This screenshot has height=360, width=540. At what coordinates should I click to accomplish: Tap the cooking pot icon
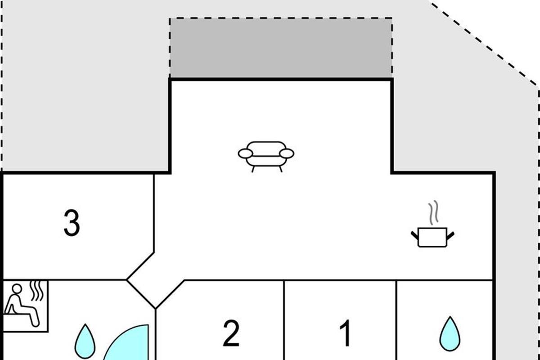point(432,237)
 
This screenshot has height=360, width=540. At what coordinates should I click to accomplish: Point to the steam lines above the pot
point(433,213)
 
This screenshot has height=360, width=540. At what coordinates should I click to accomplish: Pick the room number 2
point(231,333)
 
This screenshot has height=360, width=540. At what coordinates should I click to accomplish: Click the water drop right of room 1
point(450,334)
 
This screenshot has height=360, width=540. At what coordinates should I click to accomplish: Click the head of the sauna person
point(17,288)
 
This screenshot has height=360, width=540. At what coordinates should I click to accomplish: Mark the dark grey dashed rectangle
point(281,48)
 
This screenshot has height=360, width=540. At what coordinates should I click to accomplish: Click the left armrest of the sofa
point(245,153)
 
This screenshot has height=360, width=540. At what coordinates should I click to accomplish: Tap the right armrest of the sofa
point(287,153)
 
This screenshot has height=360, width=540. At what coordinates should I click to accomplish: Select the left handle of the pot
point(414,234)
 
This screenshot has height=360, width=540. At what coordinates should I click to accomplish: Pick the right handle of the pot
point(450,234)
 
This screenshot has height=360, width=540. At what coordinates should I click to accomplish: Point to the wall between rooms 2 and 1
point(284,319)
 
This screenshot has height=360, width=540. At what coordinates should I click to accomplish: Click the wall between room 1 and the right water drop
point(396,319)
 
